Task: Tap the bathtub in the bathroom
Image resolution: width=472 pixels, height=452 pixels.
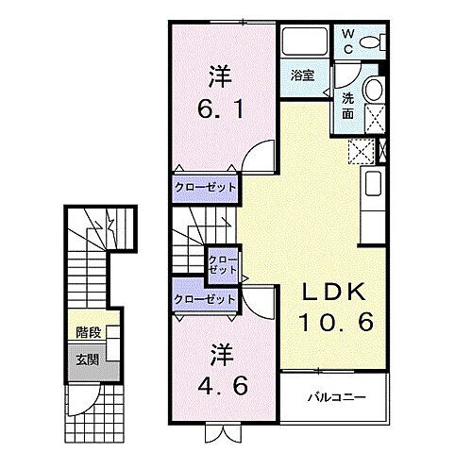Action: pyautogui.click(x=304, y=42)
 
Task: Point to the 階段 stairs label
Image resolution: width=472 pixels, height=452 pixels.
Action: pyautogui.click(x=88, y=333)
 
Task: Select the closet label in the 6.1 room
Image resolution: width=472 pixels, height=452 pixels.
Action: pyautogui.click(x=203, y=187)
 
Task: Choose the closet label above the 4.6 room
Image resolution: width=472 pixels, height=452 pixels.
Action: pyautogui.click(x=203, y=299)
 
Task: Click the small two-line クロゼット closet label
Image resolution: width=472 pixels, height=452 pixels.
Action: pyautogui.click(x=223, y=263)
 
